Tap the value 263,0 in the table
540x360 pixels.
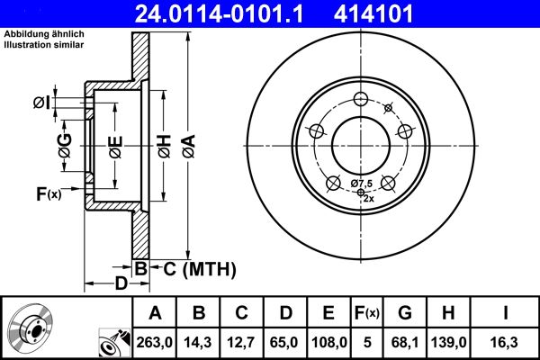(155, 340)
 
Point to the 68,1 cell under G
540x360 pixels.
(406, 340)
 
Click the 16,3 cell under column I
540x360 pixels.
(507, 340)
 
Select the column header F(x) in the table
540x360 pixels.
(367, 313)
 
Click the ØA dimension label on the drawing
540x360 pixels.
(187, 147)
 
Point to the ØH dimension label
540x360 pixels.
(163, 147)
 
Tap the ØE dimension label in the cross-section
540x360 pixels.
(116, 147)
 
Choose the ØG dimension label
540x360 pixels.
(65, 147)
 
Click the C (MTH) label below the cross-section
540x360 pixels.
(193, 268)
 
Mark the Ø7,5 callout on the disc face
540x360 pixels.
(360, 183)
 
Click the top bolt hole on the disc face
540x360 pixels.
(360, 99)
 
